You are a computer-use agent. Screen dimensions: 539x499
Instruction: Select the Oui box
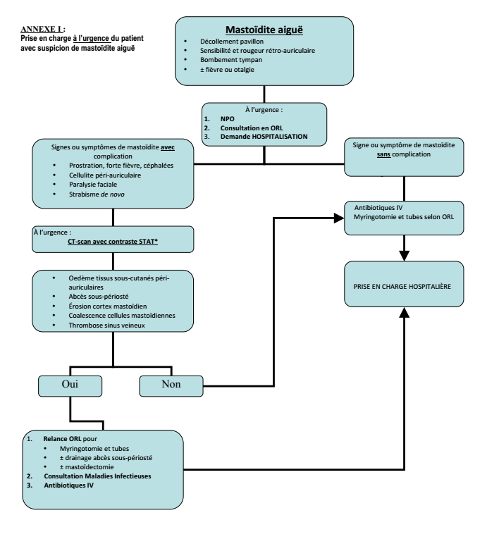69,385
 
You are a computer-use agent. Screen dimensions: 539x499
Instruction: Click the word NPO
227,119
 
